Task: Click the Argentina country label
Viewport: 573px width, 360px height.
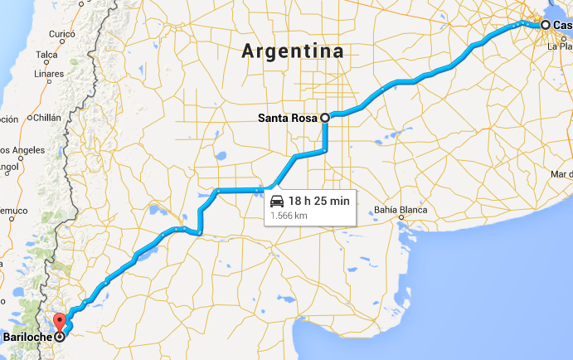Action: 293,51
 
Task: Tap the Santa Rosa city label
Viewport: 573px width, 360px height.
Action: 287,118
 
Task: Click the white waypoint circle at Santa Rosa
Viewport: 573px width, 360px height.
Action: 325,118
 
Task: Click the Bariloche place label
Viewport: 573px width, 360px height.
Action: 26,338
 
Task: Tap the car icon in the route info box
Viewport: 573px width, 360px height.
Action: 276,200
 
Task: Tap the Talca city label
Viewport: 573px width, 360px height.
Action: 46,55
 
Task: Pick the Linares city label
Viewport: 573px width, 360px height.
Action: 48,75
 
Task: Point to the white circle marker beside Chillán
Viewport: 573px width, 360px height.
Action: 29,119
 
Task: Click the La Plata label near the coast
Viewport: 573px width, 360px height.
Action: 560,46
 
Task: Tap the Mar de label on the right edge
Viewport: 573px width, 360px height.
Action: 561,174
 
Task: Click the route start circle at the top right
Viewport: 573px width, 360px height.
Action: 545,25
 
